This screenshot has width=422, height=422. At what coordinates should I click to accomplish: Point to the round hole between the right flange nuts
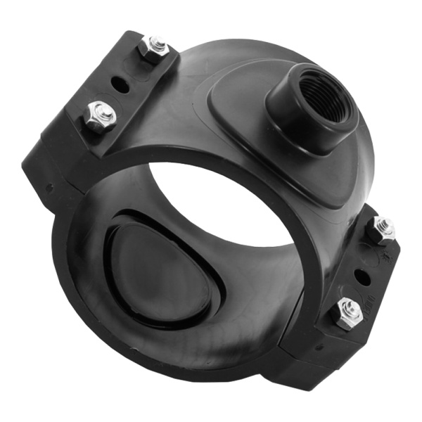point(364,272)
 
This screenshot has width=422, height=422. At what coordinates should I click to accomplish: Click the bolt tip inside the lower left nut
point(100,113)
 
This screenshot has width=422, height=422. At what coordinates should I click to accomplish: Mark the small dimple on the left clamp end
point(49,188)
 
